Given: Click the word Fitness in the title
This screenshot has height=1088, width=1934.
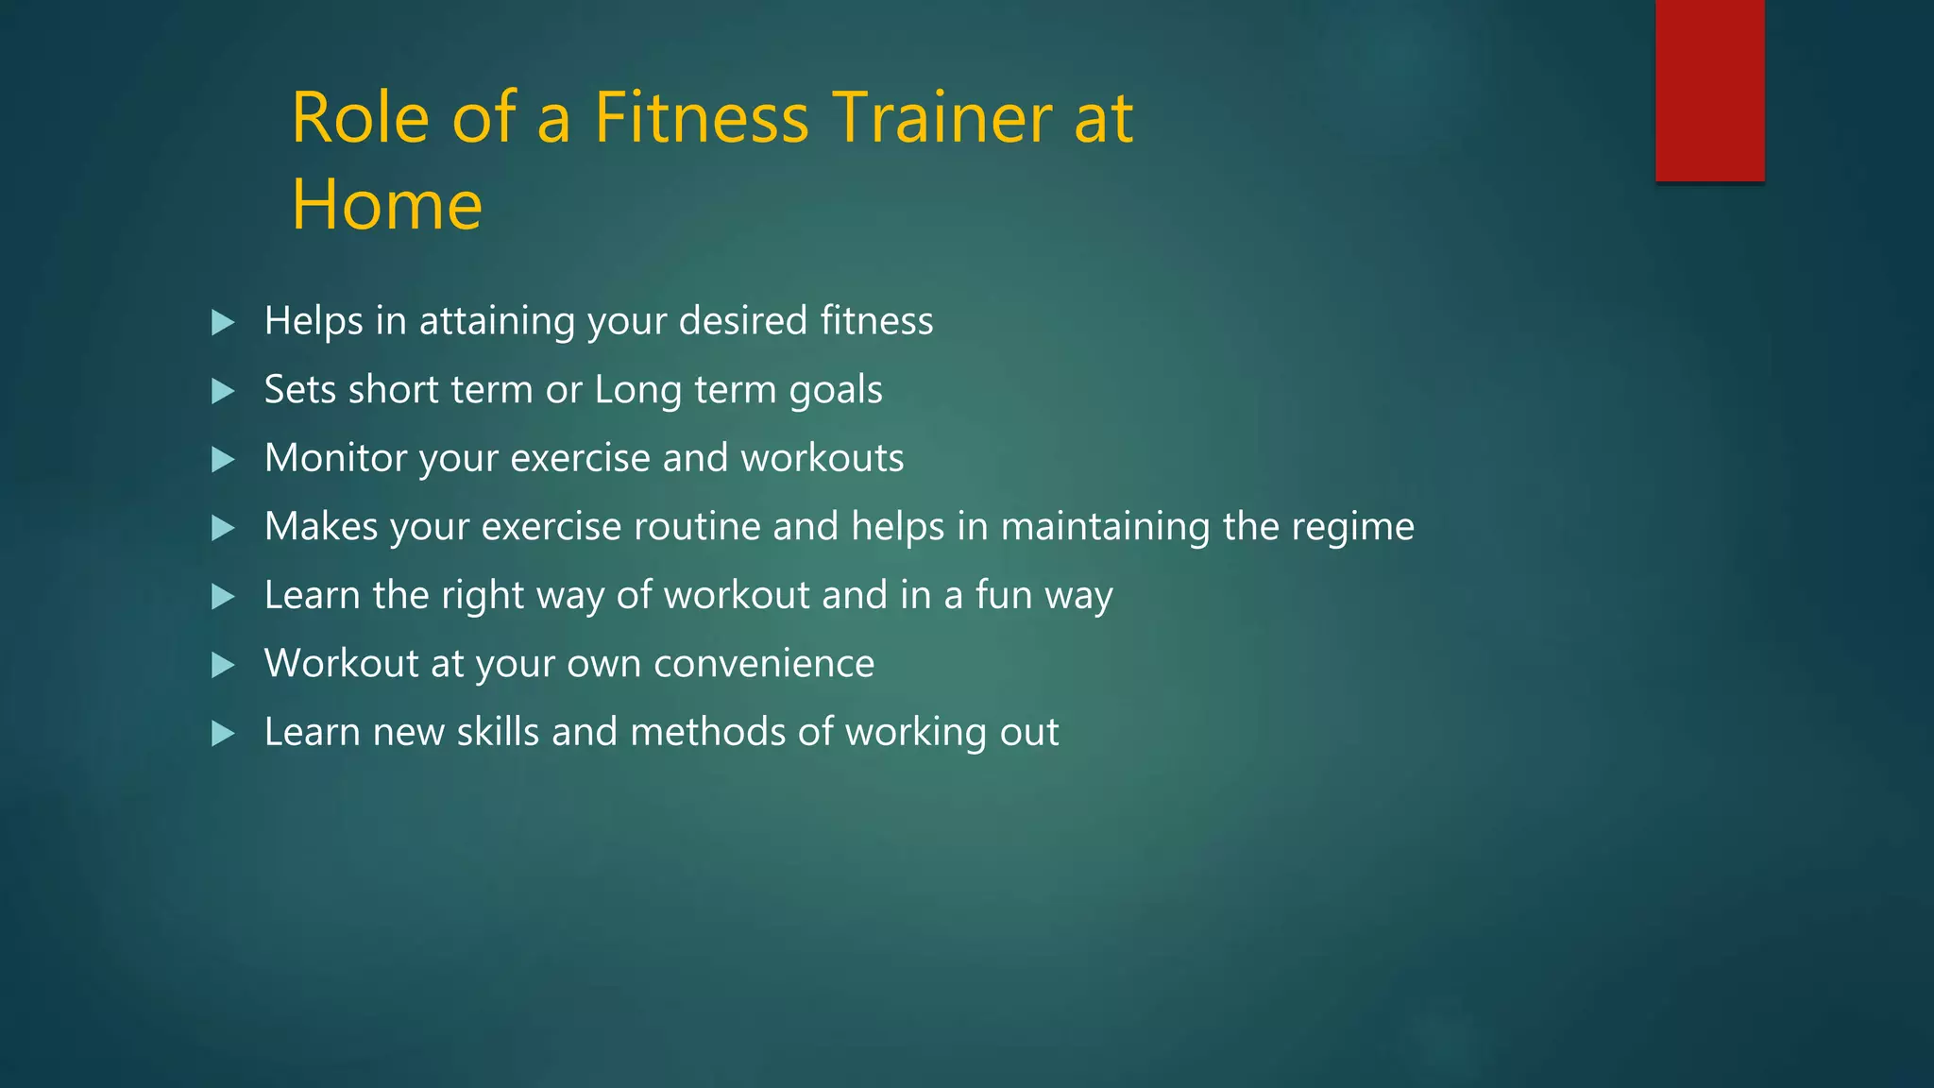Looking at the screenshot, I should (701, 118).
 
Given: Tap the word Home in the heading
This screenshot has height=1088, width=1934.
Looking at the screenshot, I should (386, 205).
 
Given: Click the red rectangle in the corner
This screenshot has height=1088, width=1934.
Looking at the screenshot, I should (1709, 90).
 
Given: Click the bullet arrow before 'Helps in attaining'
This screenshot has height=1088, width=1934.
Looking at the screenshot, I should (223, 323).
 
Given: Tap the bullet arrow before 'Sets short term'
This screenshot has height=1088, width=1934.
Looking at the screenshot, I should (223, 391).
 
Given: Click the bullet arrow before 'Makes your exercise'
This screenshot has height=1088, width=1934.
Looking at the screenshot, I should (223, 528).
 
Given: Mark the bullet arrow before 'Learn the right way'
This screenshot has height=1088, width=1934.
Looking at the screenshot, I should (223, 597).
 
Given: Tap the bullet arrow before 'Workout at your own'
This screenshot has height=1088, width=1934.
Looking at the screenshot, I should (223, 665).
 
